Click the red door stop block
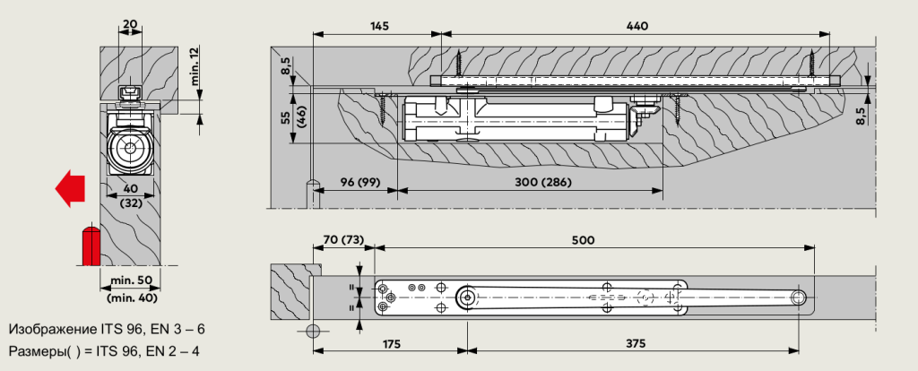[91, 244]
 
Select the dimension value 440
[637, 28]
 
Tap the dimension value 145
[378, 28]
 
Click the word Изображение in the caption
[52, 329]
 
